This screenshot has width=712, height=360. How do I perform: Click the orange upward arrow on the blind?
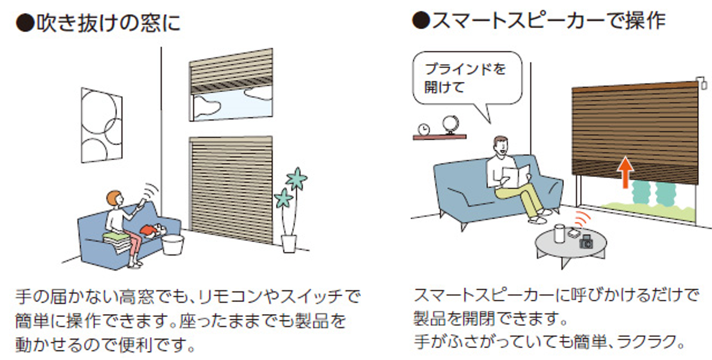[x=624, y=171]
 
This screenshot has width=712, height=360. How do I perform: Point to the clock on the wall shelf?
[x=423, y=128]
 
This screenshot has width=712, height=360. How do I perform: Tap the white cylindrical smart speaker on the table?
[x=560, y=233]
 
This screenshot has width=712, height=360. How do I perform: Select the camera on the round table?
[x=587, y=242]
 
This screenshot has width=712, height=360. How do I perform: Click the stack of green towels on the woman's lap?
[x=116, y=238]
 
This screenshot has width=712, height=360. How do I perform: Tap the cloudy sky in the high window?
[x=230, y=105]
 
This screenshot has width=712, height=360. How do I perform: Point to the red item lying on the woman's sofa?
[x=149, y=229]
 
